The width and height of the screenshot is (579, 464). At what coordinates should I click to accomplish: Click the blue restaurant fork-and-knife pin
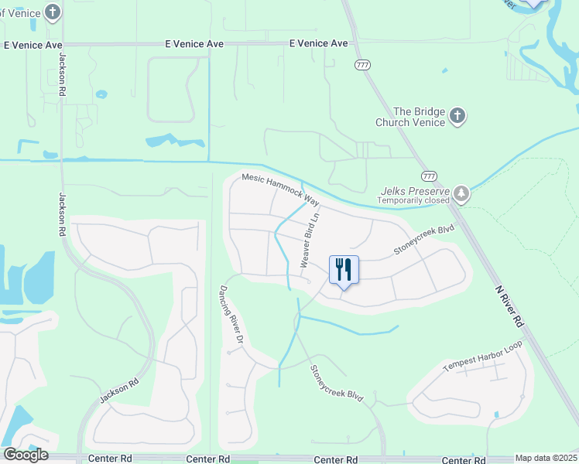pos(344,270)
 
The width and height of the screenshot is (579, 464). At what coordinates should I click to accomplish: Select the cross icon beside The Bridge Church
pos(457,117)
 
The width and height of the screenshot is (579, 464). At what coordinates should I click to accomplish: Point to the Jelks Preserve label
pos(416,190)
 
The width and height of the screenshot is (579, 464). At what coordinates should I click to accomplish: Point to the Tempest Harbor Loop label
pos(478,361)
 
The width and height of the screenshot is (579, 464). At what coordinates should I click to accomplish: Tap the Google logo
pos(26,455)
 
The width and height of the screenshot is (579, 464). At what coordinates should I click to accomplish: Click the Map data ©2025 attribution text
pos(546,458)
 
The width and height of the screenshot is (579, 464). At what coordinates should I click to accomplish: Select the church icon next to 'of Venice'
pos(52,12)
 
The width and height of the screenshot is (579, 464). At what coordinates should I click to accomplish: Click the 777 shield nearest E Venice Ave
pos(362,65)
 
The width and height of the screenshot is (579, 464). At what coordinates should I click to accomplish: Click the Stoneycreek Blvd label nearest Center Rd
pos(337,384)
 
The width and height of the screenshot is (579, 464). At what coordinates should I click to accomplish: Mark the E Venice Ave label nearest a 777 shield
pos(319,44)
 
